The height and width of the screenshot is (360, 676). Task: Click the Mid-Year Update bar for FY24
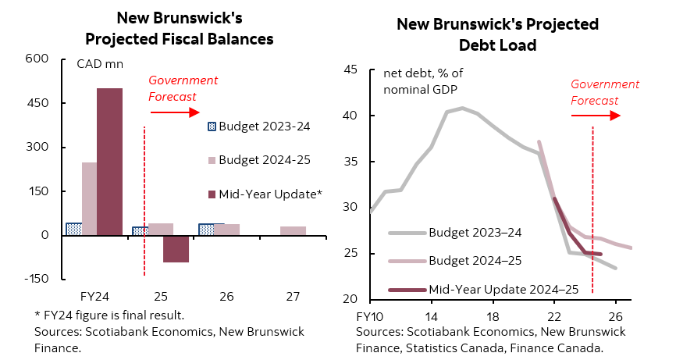point(109,161)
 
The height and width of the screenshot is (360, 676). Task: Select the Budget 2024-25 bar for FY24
point(89,198)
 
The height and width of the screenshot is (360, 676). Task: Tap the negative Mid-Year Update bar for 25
point(176,248)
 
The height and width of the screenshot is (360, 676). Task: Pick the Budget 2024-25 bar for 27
point(293,230)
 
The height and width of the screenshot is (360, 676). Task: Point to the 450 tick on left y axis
point(38,103)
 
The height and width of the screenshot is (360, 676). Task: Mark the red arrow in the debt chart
point(596,116)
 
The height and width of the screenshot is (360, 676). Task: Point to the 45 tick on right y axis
point(350,70)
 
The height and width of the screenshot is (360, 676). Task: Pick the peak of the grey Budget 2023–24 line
point(462,108)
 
